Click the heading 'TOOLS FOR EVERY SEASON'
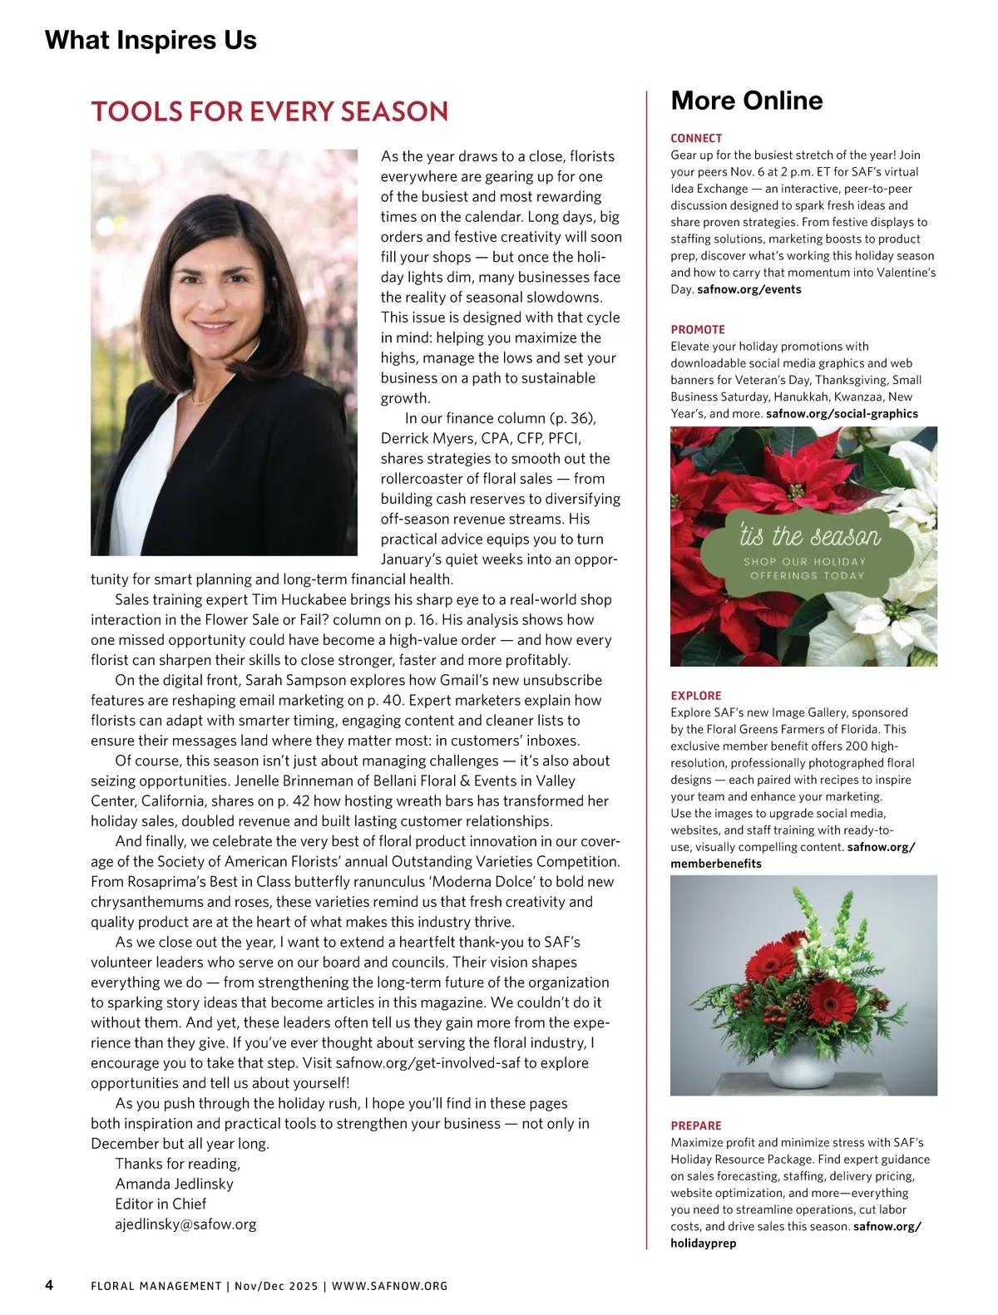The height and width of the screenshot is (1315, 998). pyautogui.click(x=269, y=112)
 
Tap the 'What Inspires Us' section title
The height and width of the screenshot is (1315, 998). pyautogui.click(x=151, y=40)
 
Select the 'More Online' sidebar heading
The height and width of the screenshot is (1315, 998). pyautogui.click(x=746, y=101)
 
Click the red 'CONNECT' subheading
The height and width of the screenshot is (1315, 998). pyautogui.click(x=696, y=138)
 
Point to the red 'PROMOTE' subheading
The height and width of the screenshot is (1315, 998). pyautogui.click(x=698, y=329)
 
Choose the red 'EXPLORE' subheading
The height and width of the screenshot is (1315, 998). pyautogui.click(x=696, y=696)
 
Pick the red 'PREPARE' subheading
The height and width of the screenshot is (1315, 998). pyautogui.click(x=696, y=1125)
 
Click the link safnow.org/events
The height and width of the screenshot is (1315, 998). pyautogui.click(x=748, y=289)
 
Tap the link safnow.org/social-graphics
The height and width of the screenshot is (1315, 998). pyautogui.click(x=842, y=413)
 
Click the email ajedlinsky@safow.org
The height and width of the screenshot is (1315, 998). pyautogui.click(x=185, y=1224)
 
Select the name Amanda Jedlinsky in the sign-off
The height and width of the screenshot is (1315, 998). pyautogui.click(x=174, y=1184)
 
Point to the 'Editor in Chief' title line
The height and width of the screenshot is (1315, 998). pyautogui.click(x=161, y=1204)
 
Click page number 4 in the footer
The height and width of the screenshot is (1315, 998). pyautogui.click(x=49, y=1285)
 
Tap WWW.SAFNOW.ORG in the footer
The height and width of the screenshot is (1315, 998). pyautogui.click(x=389, y=1286)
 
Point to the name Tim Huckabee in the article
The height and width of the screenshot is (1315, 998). pyautogui.click(x=281, y=599)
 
